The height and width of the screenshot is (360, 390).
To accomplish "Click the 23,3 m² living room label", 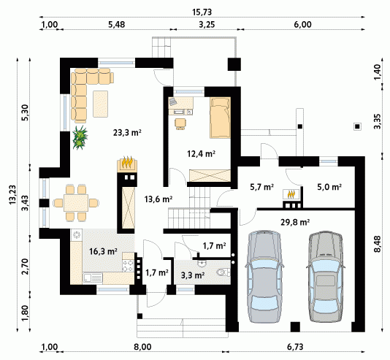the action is pos(127,132).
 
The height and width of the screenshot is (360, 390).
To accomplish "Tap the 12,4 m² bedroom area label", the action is pos(202,154).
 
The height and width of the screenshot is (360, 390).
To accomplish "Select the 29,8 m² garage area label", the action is pos(295,222).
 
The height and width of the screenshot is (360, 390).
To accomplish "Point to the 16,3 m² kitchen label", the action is pos(103,251).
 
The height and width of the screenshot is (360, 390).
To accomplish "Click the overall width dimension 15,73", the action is pos(202,12).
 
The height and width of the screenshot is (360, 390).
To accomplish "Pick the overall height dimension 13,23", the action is pos(12,195).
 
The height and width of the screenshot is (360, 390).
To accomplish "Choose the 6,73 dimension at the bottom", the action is pos(295,347).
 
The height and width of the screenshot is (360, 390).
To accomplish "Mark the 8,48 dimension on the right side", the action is pos(378,244).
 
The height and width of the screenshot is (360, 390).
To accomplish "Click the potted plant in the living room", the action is pos(80,137).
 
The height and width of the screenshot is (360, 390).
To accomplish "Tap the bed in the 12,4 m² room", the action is pos(220,118).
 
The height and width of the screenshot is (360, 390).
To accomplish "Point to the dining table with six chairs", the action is pos(76,203).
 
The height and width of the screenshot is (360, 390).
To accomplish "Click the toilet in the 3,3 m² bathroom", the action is pos(223,272).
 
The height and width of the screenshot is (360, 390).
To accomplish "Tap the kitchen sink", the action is pos(92,278).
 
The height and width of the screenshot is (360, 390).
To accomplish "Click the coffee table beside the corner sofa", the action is pos(101,104).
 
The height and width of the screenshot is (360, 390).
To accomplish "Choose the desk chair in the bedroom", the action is pos(180,124).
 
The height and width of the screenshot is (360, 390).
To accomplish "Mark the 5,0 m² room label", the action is pos(329,187).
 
